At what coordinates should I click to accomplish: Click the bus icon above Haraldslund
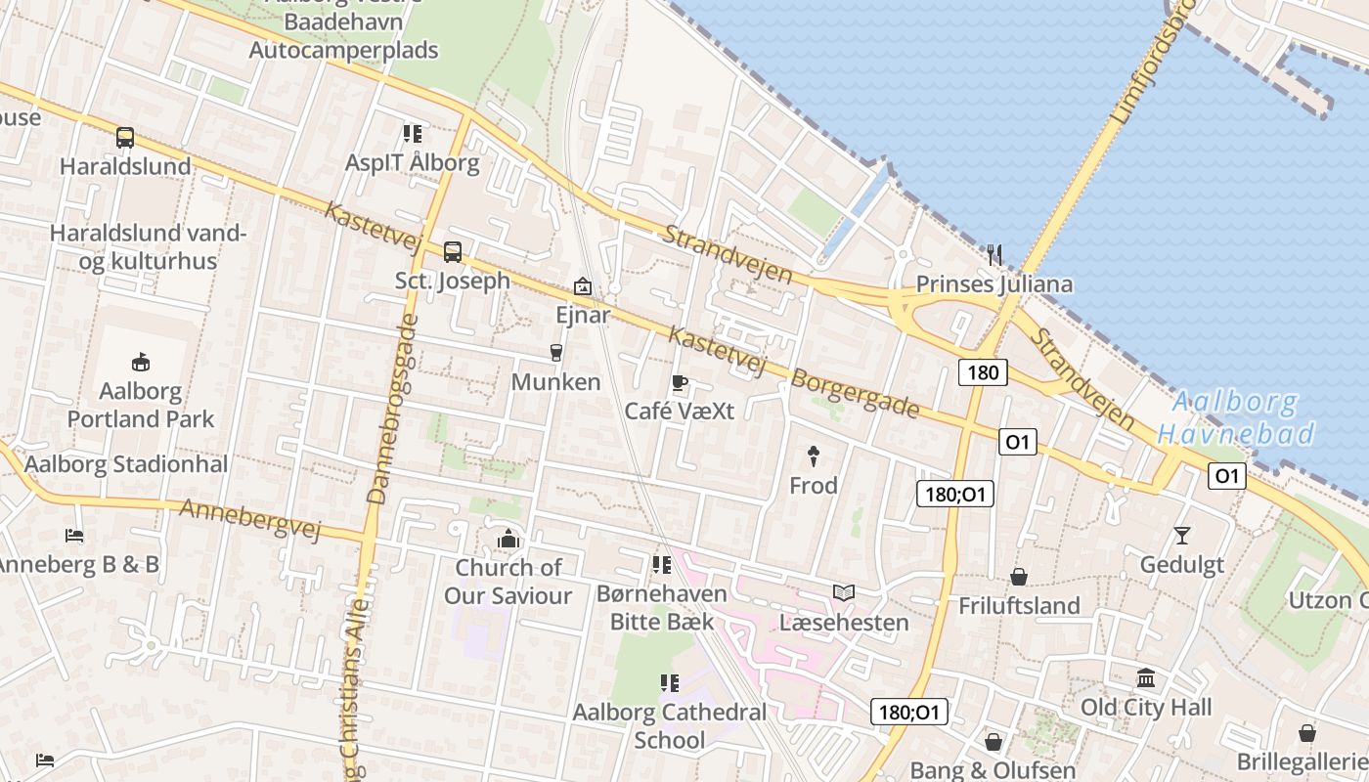click(x=125, y=138)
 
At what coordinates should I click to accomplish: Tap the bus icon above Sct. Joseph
click(x=452, y=252)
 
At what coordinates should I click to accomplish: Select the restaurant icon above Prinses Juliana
click(x=994, y=255)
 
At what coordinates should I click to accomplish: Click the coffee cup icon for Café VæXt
click(x=680, y=382)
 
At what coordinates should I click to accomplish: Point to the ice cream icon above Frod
click(x=813, y=455)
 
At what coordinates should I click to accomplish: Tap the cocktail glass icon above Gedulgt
click(x=1181, y=535)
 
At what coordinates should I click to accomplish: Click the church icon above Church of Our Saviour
click(x=508, y=539)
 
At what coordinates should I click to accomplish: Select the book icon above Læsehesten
click(x=843, y=592)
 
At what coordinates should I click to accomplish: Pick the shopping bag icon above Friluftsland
click(x=1019, y=577)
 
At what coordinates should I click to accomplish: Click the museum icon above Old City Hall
click(x=1146, y=677)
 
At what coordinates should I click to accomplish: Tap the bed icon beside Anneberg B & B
click(x=74, y=535)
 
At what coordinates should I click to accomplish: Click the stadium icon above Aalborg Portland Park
click(x=141, y=362)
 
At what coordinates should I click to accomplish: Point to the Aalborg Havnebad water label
click(x=1236, y=417)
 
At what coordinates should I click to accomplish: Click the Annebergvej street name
click(x=250, y=518)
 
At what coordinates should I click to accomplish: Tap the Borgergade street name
click(x=855, y=393)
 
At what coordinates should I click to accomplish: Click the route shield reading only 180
click(x=983, y=371)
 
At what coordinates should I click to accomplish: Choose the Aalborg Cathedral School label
click(x=670, y=725)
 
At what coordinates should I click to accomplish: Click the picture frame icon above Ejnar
click(x=583, y=286)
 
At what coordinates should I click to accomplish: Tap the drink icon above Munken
click(x=556, y=352)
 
